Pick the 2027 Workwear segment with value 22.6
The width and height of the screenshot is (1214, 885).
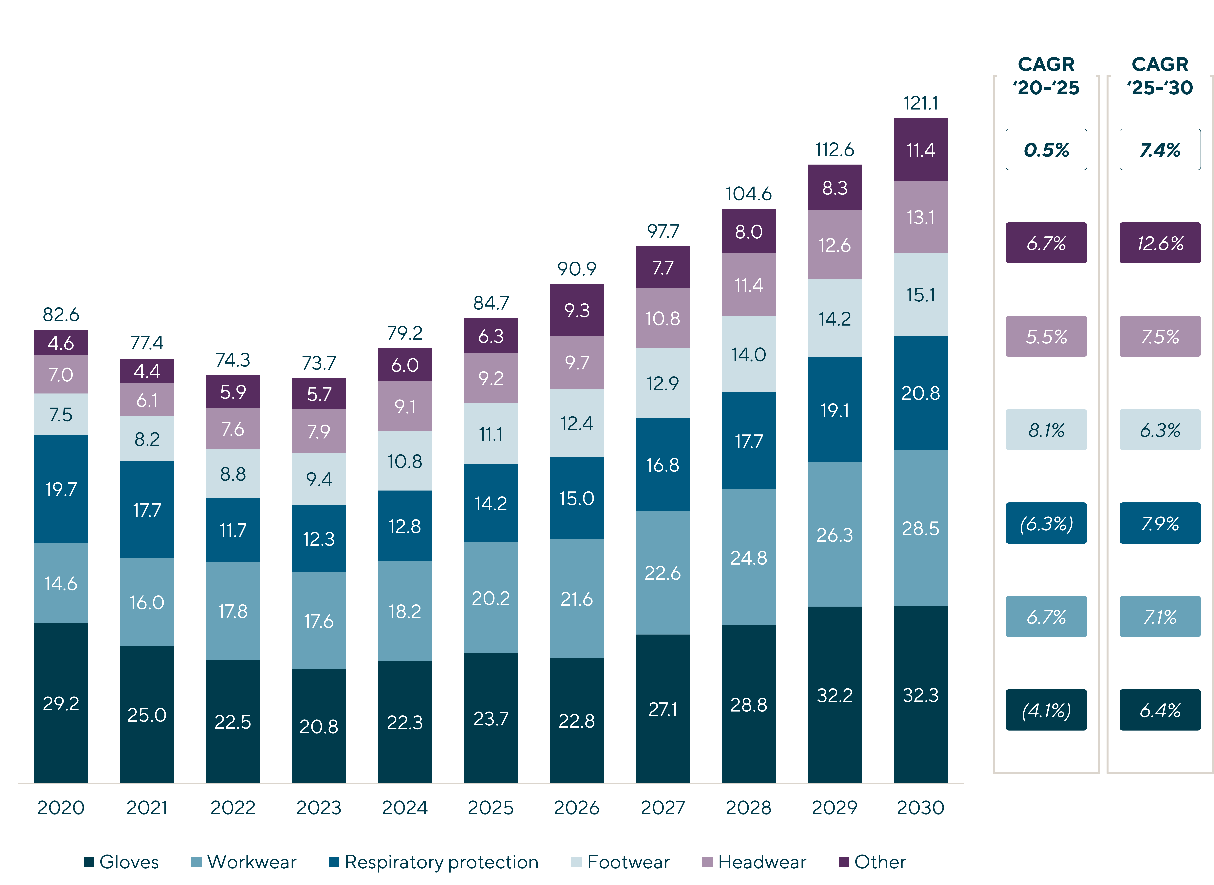click(663, 573)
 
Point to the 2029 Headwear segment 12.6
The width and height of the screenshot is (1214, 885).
click(834, 245)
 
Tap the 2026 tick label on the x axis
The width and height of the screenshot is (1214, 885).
click(576, 807)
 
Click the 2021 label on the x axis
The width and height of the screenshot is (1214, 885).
click(147, 807)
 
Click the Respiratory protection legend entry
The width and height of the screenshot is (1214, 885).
click(434, 862)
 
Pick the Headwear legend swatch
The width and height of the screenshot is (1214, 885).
click(707, 862)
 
